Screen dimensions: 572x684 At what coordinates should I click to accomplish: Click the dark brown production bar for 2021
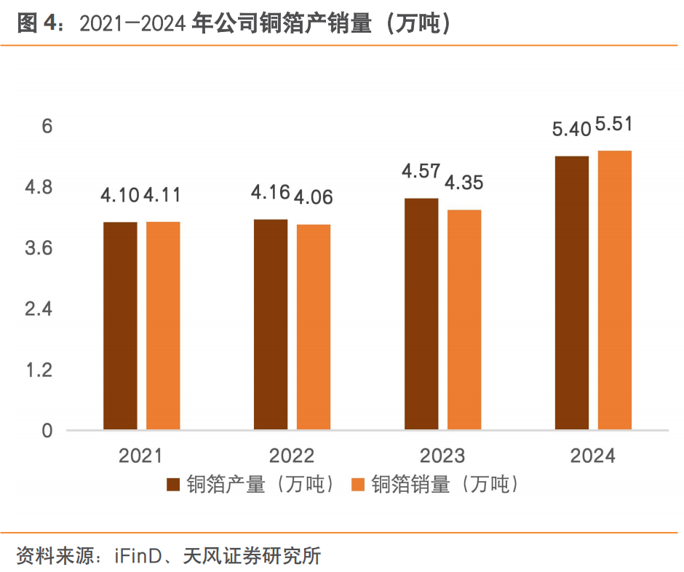click(120, 325)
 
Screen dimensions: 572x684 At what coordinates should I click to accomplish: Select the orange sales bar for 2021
click(163, 325)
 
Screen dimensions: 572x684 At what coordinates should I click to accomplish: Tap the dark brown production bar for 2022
click(271, 324)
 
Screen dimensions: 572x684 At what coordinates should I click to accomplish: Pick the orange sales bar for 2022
click(314, 327)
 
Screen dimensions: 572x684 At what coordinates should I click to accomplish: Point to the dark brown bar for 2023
click(421, 314)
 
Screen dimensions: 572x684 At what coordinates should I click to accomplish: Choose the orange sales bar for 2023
click(464, 319)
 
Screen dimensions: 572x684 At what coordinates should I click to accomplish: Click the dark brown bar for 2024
click(572, 293)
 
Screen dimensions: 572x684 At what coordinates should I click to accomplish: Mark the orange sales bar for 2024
click(615, 290)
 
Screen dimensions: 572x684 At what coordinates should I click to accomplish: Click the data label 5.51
click(613, 125)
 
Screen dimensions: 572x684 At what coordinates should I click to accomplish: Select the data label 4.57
click(421, 172)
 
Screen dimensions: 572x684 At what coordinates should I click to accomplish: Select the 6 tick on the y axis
click(47, 127)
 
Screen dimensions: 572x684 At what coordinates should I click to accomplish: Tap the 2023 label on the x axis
click(442, 456)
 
